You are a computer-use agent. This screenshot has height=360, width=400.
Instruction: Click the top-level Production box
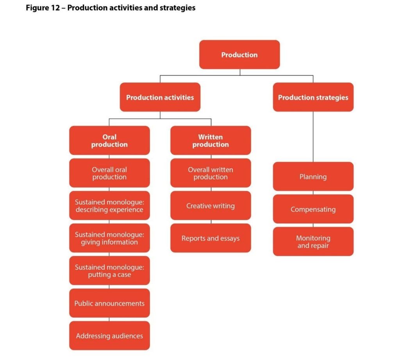pos(239,55)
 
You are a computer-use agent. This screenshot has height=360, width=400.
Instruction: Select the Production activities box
pos(160,97)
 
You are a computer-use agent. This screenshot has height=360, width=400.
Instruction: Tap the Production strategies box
pos(313,97)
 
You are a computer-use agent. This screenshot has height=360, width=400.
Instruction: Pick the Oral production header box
pos(109,141)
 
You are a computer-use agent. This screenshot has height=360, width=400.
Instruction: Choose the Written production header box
pos(211,141)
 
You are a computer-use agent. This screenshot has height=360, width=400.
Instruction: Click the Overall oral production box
pos(109,173)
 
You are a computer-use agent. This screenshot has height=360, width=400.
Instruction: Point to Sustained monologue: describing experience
pos(109,206)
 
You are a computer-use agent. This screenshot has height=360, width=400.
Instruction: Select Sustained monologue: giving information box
pos(109,238)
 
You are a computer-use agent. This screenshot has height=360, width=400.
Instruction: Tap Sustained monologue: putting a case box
pos(109,271)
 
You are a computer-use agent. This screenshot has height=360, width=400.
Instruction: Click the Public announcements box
pos(109,303)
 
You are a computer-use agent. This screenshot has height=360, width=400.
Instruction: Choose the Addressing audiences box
pos(109,335)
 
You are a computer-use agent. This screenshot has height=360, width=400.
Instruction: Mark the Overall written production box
pos(211,173)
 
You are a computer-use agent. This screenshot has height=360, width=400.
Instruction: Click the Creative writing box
pos(211,206)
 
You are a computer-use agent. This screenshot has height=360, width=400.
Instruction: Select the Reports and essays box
pos(211,238)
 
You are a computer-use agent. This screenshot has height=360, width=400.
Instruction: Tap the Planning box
pos(313,176)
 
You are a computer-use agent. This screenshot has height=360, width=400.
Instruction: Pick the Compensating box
pos(313,209)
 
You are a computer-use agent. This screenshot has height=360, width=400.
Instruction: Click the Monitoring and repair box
pos(313,242)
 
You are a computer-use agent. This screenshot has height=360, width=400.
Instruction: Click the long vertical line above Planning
pos(313,137)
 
